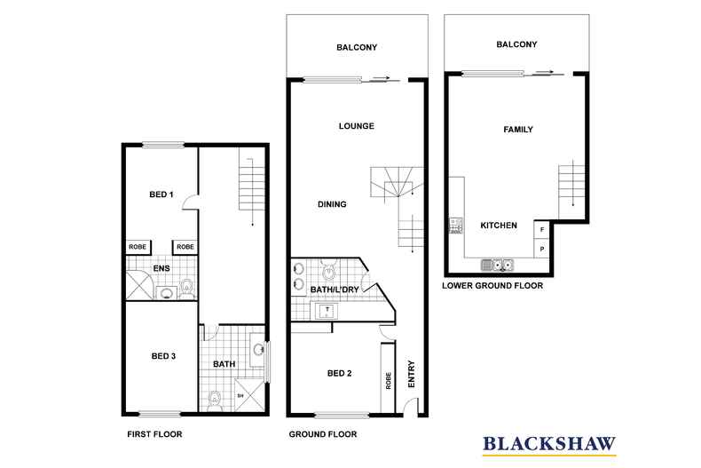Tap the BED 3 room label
tap(163, 356)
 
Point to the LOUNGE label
tap(356, 126)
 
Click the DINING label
tap(332, 204)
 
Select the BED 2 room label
tap(338, 373)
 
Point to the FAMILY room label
tap(518, 130)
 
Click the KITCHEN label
tap(499, 226)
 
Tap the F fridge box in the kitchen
tap(541, 230)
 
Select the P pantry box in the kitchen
tap(541, 249)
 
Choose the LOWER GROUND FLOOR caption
tap(492, 286)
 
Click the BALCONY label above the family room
tap(517, 44)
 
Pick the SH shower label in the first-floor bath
tap(240, 396)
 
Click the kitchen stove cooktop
tap(456, 225)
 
